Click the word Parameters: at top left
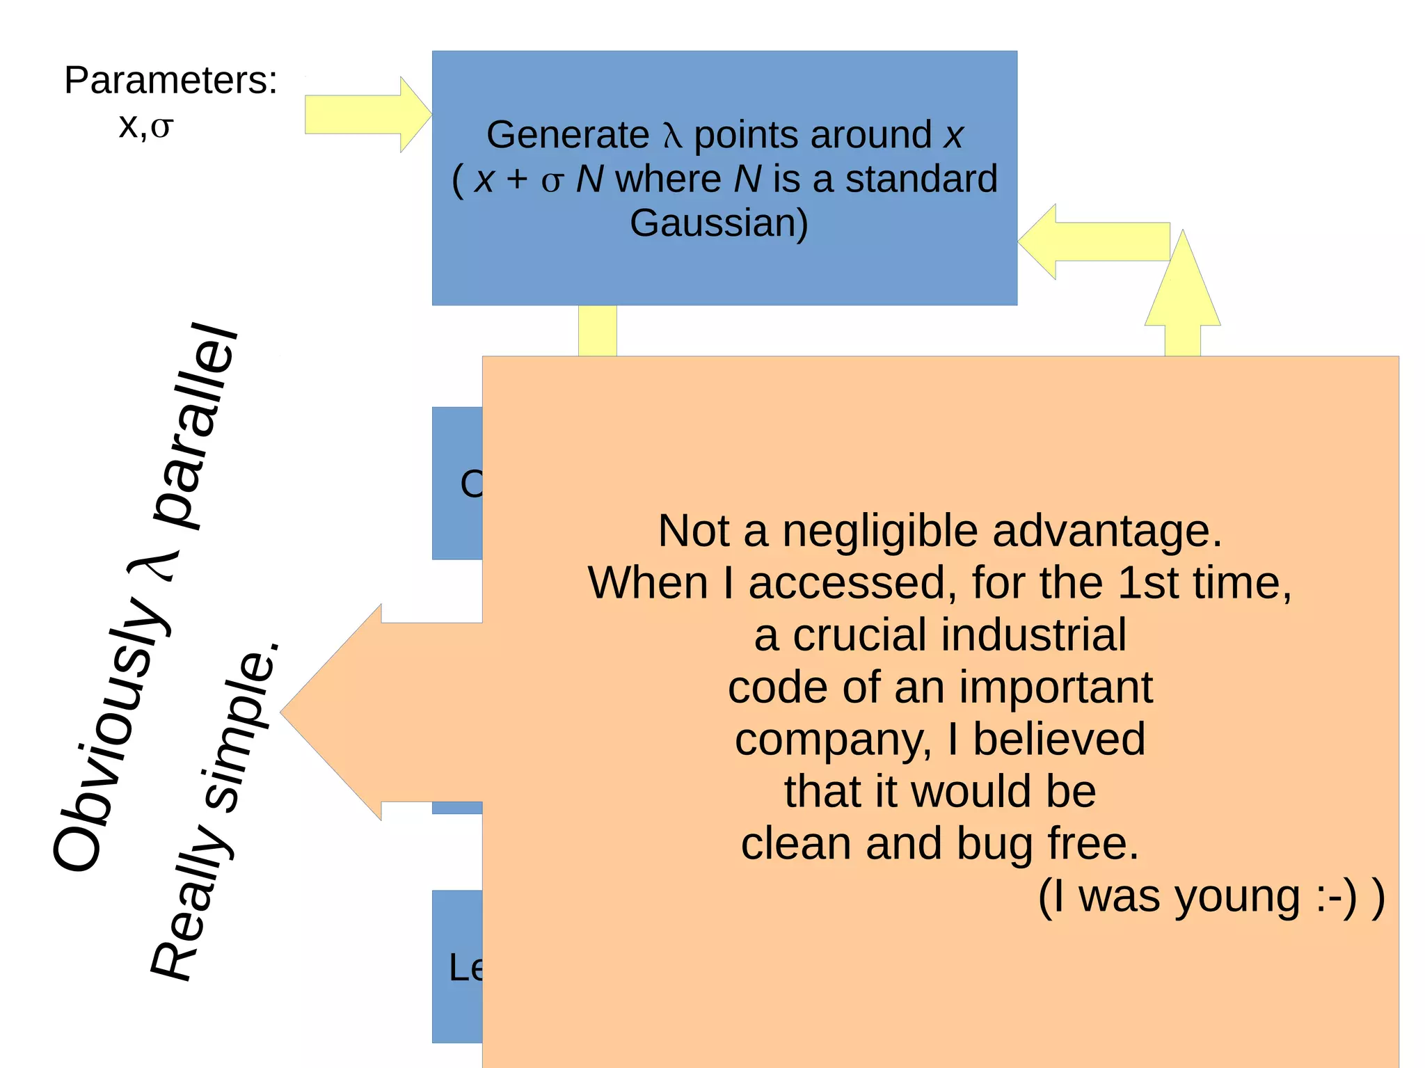coord(170,81)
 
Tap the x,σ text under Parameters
coord(146,126)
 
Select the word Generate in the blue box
coord(567,134)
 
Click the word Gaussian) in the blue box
coord(719,223)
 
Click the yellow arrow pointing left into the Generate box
coord(1092,241)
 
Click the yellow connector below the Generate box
coord(597,330)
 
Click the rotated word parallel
coord(198,424)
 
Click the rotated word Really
coord(191,904)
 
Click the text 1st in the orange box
coord(1147,582)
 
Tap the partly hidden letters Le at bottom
coord(465,967)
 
